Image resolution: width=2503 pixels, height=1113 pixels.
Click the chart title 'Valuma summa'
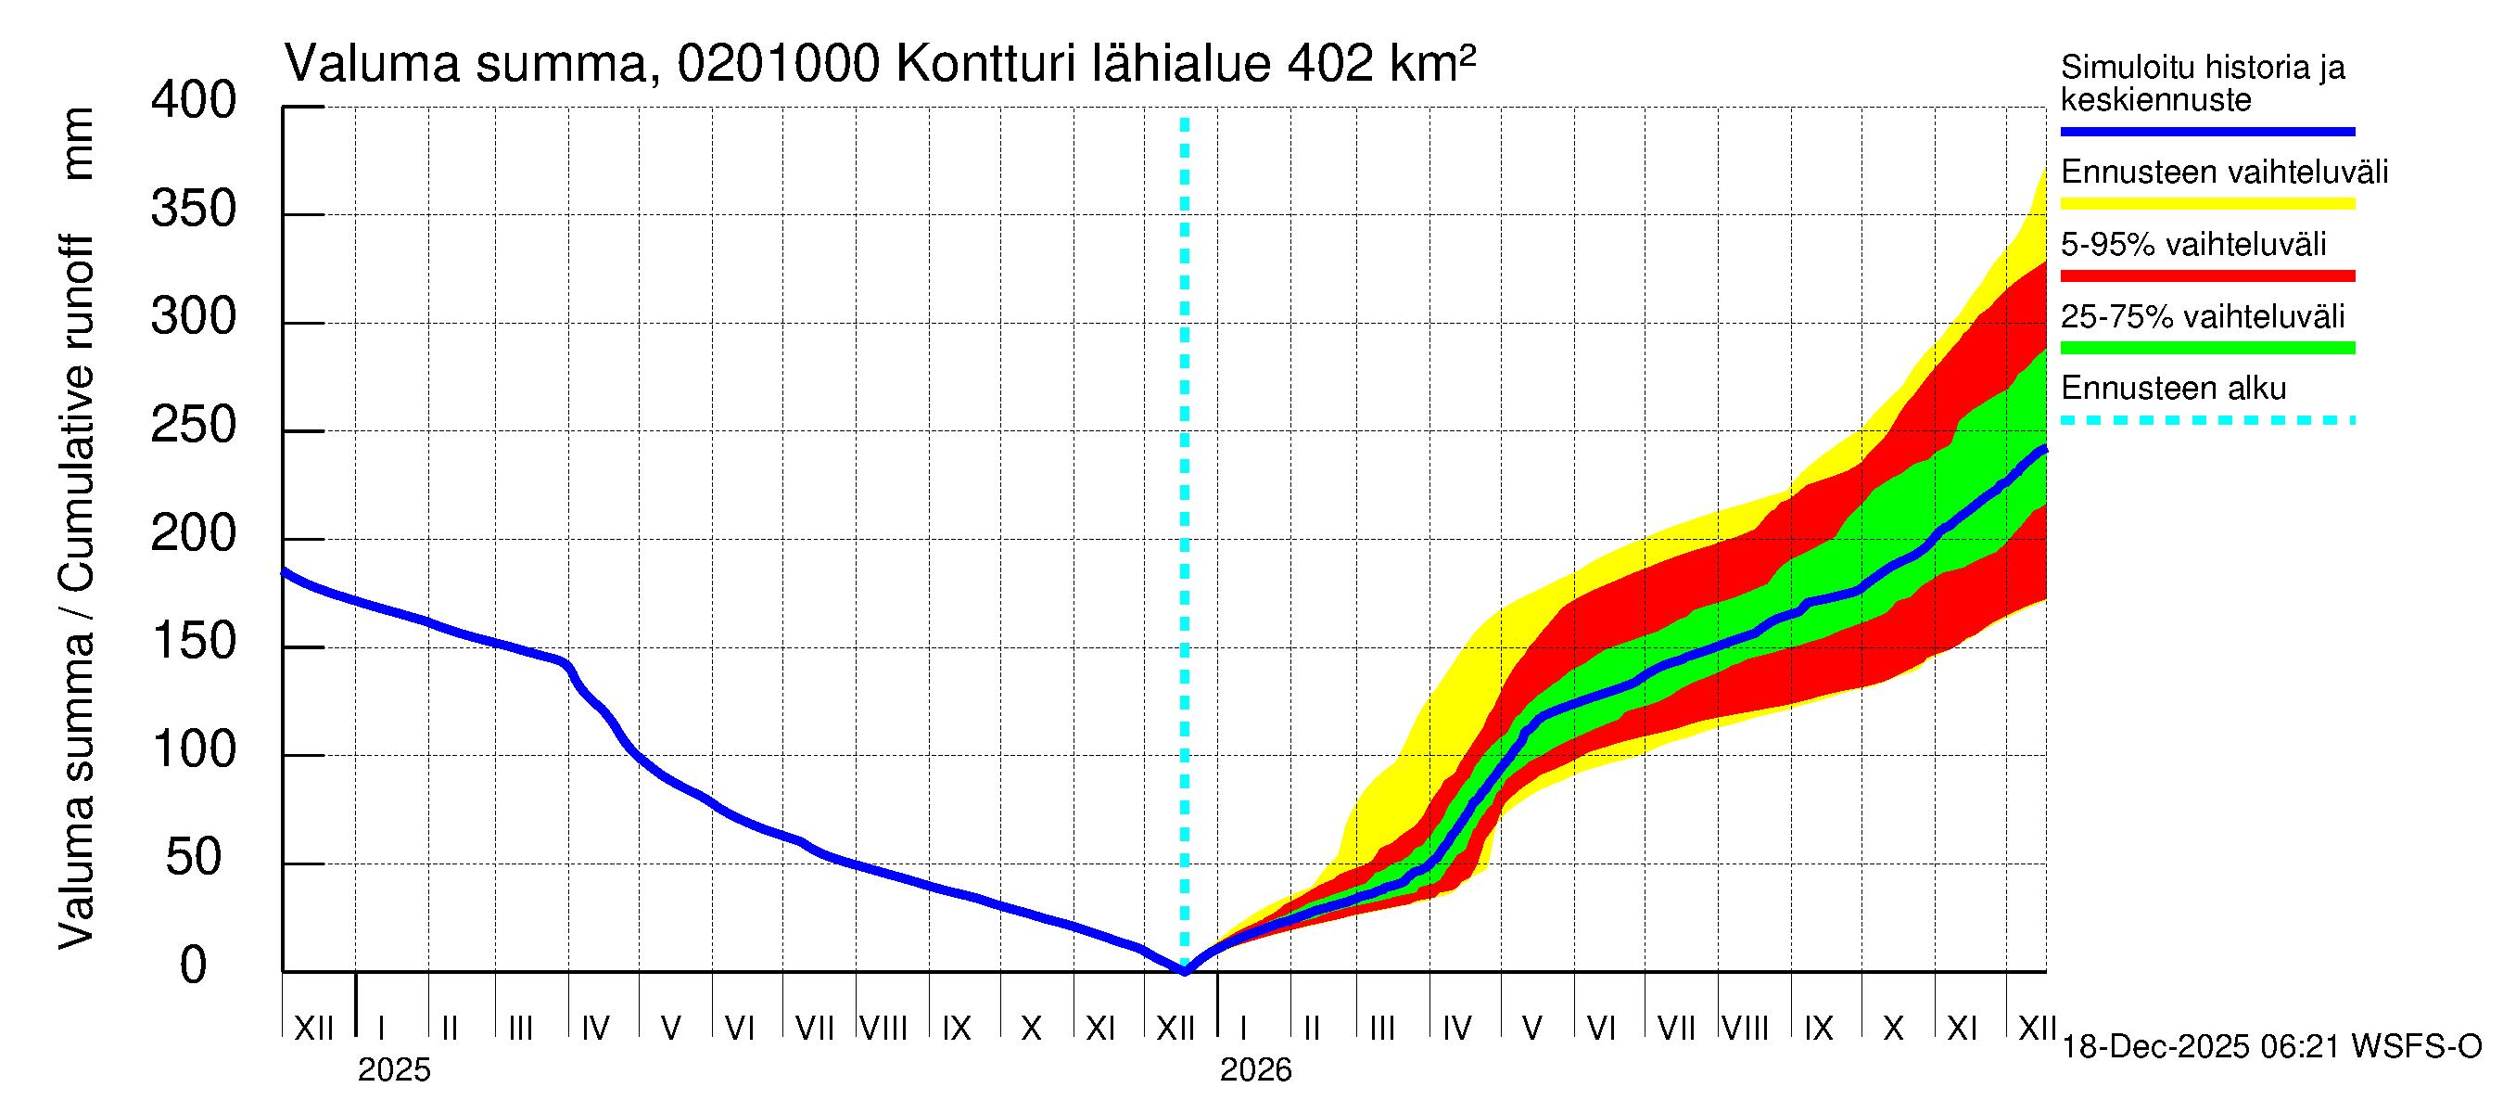[x=466, y=65]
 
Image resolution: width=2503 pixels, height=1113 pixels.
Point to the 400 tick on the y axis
[x=194, y=101]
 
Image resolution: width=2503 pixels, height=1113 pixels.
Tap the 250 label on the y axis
[x=194, y=426]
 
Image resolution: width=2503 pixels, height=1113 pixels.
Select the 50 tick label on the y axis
[x=194, y=858]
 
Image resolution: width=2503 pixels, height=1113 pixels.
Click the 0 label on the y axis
[x=194, y=966]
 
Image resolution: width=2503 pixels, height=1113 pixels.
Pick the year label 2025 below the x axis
[x=393, y=1070]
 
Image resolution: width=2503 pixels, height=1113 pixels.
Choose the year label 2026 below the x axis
[x=1255, y=1070]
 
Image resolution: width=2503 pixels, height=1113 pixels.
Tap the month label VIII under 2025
[x=883, y=1029]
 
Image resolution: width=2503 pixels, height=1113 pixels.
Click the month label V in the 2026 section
[x=1531, y=1029]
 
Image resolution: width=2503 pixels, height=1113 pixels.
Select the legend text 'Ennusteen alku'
[x=2174, y=389]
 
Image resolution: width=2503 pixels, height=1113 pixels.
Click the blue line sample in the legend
[x=2206, y=131]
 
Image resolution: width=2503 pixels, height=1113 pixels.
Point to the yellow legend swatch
[x=2206, y=204]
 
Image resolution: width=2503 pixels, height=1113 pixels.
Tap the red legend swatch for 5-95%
[x=2206, y=276]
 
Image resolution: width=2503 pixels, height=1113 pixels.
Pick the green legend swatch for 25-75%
[x=2206, y=348]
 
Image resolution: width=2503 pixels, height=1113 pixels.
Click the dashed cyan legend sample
[x=2206, y=421]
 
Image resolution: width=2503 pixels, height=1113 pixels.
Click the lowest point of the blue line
[x=1185, y=970]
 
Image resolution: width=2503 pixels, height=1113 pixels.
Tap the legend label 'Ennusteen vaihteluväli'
[x=2224, y=173]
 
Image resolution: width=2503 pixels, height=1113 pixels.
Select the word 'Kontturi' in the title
[x=985, y=65]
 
